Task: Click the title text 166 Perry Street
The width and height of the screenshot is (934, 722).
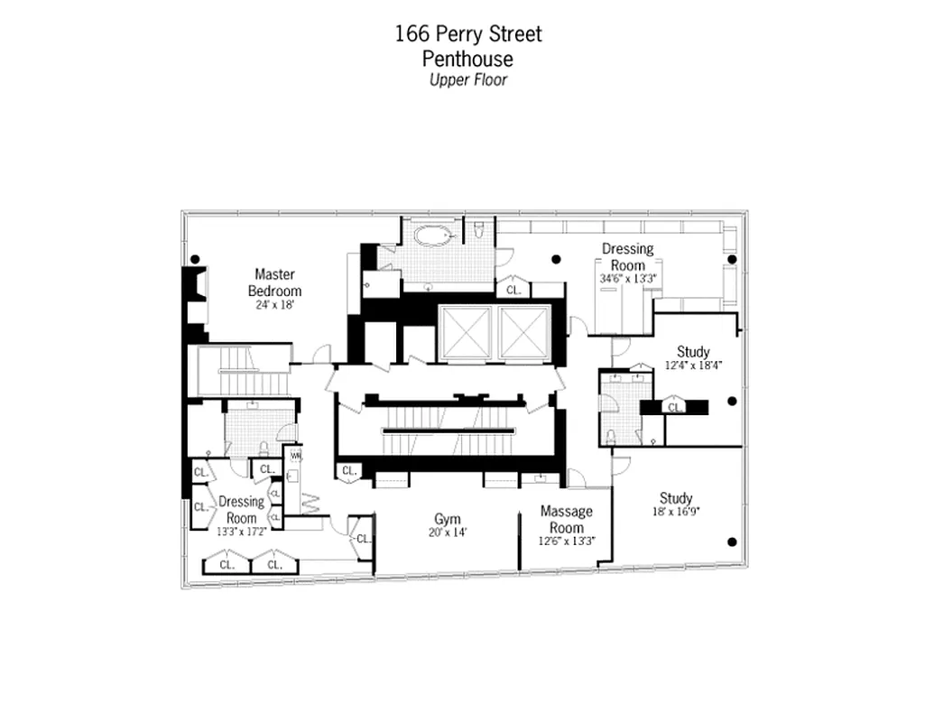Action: coord(468,35)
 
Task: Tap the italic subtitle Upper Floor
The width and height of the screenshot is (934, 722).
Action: coord(467,80)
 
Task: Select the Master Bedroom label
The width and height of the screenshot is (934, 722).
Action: coord(274,282)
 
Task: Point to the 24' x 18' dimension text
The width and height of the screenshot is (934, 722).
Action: coord(274,305)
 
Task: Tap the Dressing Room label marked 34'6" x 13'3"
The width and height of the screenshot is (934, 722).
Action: coord(627,256)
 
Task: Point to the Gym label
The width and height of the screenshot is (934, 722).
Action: coord(447,519)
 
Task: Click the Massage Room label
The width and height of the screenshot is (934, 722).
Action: coord(566,519)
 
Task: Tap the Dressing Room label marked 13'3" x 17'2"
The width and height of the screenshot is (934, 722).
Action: coord(241,509)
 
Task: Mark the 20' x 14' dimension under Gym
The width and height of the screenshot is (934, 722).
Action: coord(447,532)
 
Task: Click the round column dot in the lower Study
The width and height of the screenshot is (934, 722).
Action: coord(733,541)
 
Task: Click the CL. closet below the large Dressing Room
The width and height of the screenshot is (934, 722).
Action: coord(513,290)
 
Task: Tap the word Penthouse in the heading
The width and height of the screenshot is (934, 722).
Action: coord(467,59)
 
